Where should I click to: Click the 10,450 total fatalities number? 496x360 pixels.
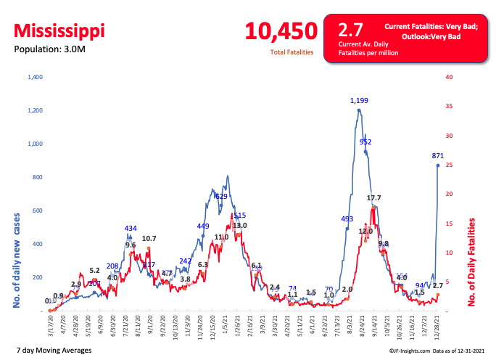281,31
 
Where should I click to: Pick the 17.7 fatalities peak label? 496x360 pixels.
374,197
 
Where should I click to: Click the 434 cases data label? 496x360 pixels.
131,229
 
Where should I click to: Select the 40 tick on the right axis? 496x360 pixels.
450,77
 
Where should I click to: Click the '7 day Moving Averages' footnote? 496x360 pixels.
53,351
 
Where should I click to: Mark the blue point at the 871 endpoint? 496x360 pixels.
437,165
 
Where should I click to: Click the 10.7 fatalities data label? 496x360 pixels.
149,238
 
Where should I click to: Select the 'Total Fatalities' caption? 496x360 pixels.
292,52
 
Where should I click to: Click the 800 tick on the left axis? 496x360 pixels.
38,177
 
